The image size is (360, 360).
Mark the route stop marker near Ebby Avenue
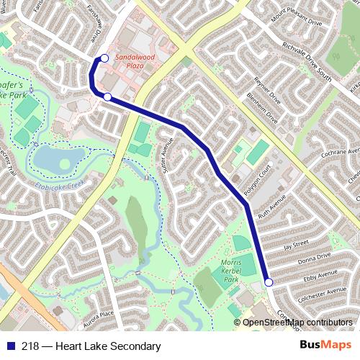[269, 283]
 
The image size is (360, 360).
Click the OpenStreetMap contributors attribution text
[297, 323]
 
